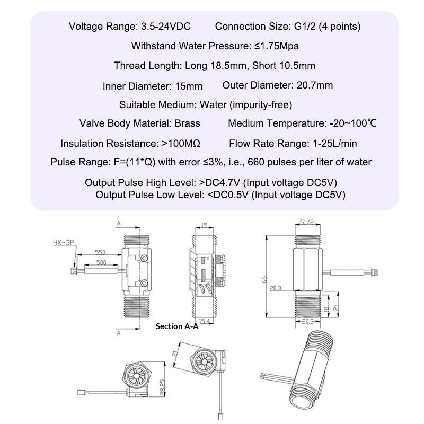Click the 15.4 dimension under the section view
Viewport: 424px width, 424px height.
tap(204, 322)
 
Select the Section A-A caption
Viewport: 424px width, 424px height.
tap(177, 326)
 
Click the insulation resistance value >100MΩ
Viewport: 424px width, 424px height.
tap(181, 143)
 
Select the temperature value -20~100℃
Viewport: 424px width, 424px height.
tap(352, 123)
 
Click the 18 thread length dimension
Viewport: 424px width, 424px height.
tap(327, 308)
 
